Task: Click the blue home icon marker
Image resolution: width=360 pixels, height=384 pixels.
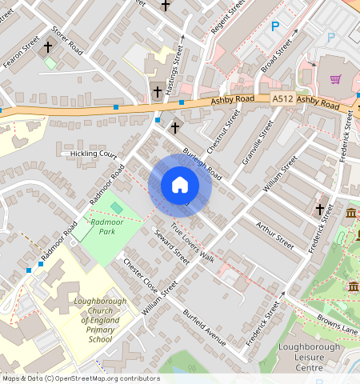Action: tap(180, 185)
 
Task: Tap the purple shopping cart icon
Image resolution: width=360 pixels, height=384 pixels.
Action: tap(335, 79)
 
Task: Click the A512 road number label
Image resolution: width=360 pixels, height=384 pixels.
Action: tap(282, 98)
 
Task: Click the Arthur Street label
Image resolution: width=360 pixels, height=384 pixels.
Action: tap(275, 232)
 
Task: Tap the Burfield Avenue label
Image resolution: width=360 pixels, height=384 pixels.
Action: tap(206, 328)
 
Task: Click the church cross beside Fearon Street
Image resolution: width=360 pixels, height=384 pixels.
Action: tap(48, 47)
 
